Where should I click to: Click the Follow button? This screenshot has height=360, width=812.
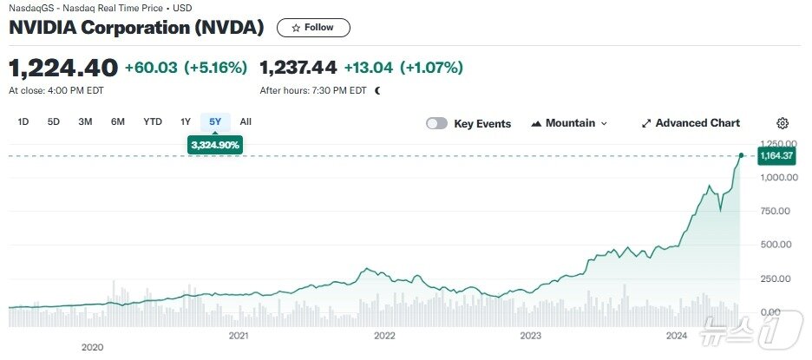point(313,28)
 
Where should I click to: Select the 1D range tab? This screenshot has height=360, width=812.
point(23,122)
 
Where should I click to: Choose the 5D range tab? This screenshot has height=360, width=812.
point(54,122)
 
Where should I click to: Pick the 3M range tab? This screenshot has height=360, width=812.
point(85,122)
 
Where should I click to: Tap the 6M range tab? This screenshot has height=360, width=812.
point(118,122)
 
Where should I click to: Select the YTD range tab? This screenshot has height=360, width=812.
point(153,122)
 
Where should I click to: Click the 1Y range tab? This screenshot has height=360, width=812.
point(185,122)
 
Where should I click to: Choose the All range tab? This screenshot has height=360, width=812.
point(246,122)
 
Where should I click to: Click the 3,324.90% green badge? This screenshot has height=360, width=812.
point(215,145)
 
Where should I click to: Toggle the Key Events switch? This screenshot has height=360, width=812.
point(436,124)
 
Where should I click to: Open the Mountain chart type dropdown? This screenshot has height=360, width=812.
point(569,124)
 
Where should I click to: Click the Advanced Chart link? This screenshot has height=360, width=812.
point(691,124)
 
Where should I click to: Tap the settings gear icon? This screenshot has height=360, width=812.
point(783,124)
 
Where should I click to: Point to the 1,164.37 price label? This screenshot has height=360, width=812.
point(776,156)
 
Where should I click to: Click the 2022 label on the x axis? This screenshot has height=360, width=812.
point(384,335)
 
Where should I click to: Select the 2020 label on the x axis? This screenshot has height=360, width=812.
point(92,347)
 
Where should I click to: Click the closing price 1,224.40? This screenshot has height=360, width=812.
point(63,67)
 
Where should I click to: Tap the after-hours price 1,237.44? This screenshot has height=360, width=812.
point(298,67)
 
